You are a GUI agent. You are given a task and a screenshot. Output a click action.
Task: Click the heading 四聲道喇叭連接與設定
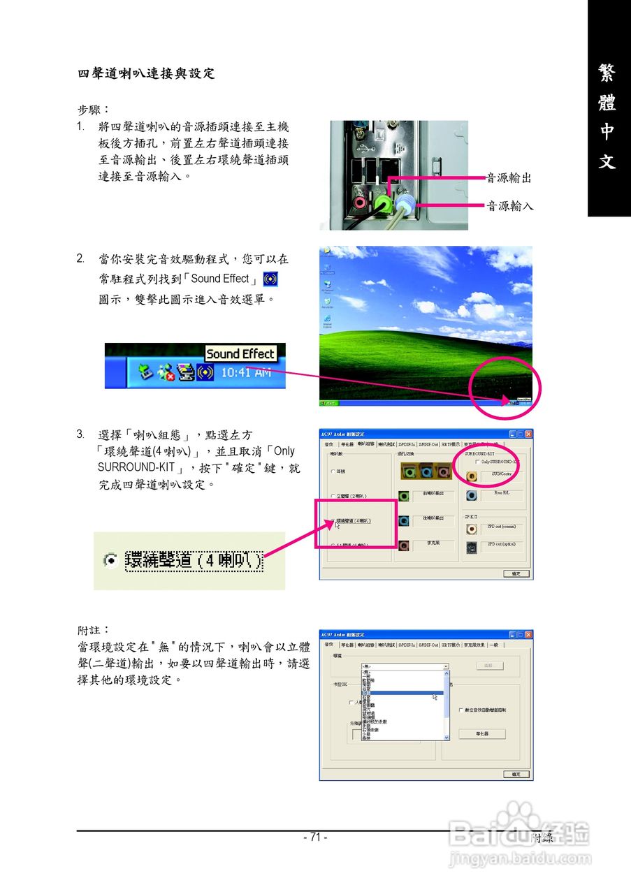click(x=146, y=73)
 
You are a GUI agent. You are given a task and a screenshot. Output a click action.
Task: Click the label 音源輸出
click(x=509, y=178)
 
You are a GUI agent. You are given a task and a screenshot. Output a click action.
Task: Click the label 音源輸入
click(x=509, y=205)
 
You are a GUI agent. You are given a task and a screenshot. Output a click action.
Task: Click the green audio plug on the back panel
click(x=383, y=204)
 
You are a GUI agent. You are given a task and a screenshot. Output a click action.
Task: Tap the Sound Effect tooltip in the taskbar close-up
click(x=240, y=354)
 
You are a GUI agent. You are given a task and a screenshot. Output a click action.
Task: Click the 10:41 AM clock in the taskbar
click(x=245, y=373)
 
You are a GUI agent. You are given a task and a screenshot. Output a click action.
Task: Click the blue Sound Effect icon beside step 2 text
click(x=270, y=279)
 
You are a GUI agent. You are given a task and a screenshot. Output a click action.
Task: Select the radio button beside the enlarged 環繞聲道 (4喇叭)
click(x=110, y=561)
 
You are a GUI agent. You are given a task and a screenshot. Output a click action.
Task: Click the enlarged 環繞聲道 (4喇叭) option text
click(x=194, y=561)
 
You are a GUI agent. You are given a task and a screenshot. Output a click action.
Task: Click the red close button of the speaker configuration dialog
click(x=528, y=434)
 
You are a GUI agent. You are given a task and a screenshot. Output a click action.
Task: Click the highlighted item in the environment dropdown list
click(x=402, y=693)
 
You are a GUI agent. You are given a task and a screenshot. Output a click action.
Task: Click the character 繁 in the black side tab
click(x=607, y=73)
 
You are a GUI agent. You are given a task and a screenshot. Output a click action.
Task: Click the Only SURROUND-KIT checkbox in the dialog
click(x=477, y=462)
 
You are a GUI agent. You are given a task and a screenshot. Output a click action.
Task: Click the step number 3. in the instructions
click(x=81, y=434)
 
